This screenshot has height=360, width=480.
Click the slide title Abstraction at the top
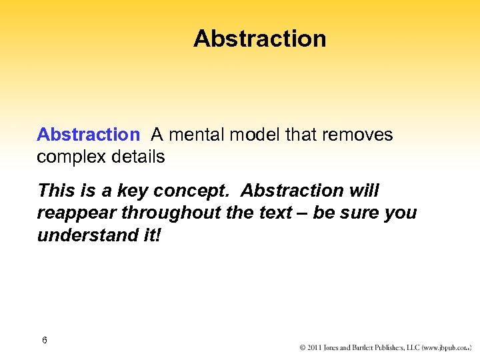coord(259,39)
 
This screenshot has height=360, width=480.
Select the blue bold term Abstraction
coord(88,135)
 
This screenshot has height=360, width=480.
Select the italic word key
coord(133,191)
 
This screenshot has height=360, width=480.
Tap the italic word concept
coord(193,191)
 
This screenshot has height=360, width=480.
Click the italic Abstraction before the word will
coord(292,191)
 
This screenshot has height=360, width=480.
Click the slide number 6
coord(44,341)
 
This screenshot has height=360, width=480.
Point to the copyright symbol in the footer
coord(303,347)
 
